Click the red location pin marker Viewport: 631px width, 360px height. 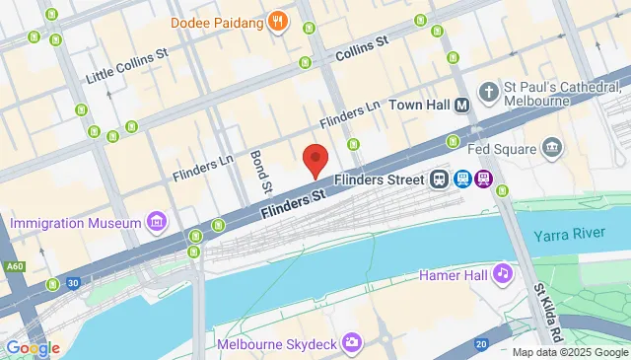click(x=315, y=159)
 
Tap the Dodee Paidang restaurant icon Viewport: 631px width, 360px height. click(x=279, y=21)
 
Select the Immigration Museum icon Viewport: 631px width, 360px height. click(x=155, y=223)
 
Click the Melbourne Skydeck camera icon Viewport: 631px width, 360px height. click(x=351, y=343)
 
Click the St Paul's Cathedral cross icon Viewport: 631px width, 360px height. click(x=487, y=92)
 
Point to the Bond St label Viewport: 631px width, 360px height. click(x=259, y=170)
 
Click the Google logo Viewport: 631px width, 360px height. click(x=32, y=347)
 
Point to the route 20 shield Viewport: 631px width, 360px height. click(x=480, y=343)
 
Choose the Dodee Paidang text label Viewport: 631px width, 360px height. click(x=217, y=21)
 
